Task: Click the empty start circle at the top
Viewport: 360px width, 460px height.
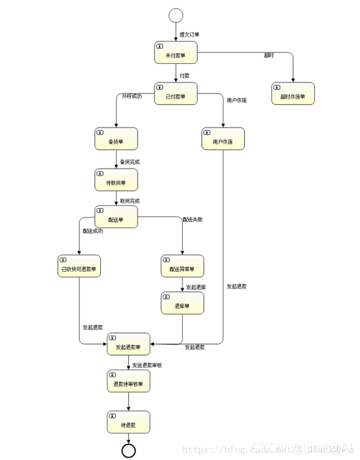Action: click(x=176, y=15)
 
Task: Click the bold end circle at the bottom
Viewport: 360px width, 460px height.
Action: click(x=128, y=451)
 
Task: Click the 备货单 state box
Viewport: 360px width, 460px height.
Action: click(x=116, y=139)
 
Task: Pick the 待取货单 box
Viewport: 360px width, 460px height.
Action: click(x=116, y=180)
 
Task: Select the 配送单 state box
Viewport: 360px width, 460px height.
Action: click(x=116, y=217)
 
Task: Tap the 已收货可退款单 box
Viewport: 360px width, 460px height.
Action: click(x=79, y=266)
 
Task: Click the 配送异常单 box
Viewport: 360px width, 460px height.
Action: click(x=182, y=266)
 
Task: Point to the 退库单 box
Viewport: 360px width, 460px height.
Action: click(x=182, y=303)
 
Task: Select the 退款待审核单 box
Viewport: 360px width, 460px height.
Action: click(x=128, y=381)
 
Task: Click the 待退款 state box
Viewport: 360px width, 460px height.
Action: click(x=128, y=422)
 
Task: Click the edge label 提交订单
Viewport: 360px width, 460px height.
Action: click(x=189, y=35)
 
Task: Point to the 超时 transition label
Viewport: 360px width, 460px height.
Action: click(x=268, y=56)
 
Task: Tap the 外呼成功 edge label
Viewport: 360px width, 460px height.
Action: click(x=132, y=96)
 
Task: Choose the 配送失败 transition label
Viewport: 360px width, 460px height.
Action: click(x=192, y=220)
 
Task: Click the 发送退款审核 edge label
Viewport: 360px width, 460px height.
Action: click(x=147, y=365)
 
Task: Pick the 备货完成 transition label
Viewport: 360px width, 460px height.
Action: click(x=130, y=162)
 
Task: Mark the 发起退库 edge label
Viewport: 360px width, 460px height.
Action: click(x=196, y=287)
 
